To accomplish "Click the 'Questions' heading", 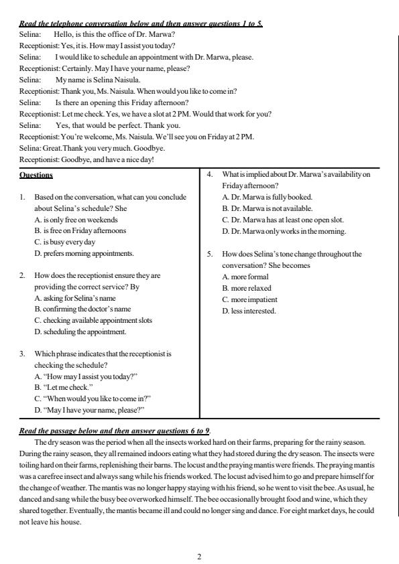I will [x=36, y=175].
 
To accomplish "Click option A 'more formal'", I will [x=245, y=276].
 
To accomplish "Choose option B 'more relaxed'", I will [x=247, y=287].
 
